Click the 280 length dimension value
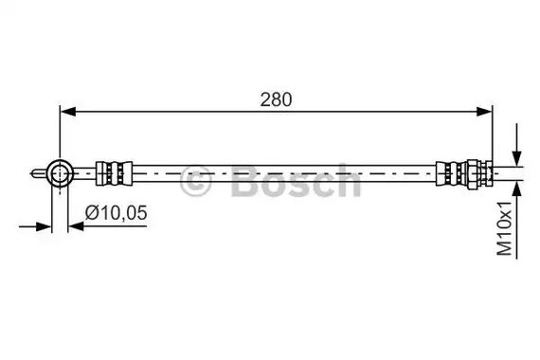(276, 99)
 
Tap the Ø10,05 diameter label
(117, 212)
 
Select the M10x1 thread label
(505, 228)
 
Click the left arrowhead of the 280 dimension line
(68, 111)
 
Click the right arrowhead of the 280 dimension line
(484, 111)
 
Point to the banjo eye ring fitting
(60, 173)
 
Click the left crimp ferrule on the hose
(114, 173)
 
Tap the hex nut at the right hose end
(472, 173)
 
